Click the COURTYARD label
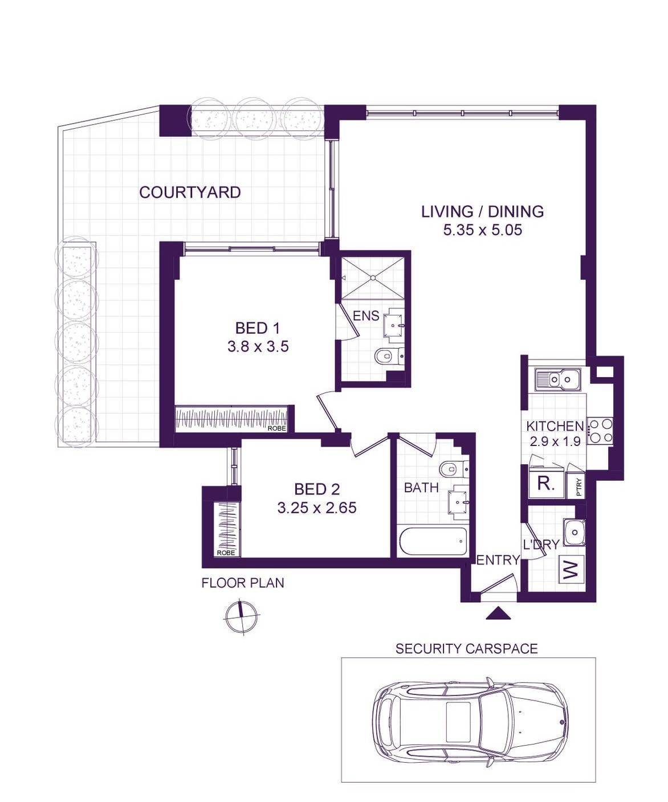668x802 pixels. (190, 193)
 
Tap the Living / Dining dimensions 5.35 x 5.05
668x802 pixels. (482, 230)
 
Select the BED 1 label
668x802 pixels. (257, 329)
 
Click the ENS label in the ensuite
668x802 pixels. (366, 316)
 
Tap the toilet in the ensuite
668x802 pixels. (389, 355)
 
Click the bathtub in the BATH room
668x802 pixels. (433, 541)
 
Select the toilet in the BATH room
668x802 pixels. (454, 469)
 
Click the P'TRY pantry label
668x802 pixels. (580, 486)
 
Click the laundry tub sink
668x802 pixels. (574, 533)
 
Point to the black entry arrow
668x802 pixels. (499, 613)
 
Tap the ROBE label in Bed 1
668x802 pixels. (277, 428)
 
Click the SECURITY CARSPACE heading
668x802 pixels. (467, 649)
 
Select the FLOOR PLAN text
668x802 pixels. (243, 583)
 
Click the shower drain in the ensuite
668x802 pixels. (372, 278)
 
